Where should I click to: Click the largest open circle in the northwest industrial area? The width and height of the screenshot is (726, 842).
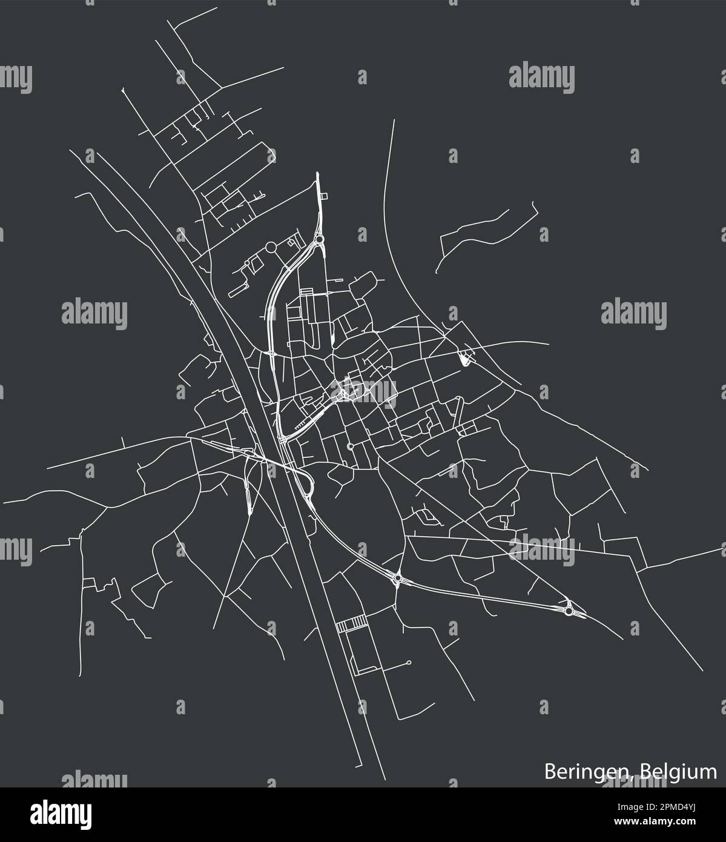coord(270,247)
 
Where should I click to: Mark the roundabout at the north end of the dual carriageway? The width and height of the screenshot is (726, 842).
coord(318,242)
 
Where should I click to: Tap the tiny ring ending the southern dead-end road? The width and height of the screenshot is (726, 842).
coord(409,662)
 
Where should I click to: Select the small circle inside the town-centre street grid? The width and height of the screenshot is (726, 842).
coord(350,446)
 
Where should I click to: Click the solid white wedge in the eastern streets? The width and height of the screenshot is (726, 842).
coord(464,360)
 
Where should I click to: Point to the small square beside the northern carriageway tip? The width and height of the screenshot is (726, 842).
coord(323,196)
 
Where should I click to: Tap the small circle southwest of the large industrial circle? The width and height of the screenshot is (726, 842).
coord(247,264)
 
